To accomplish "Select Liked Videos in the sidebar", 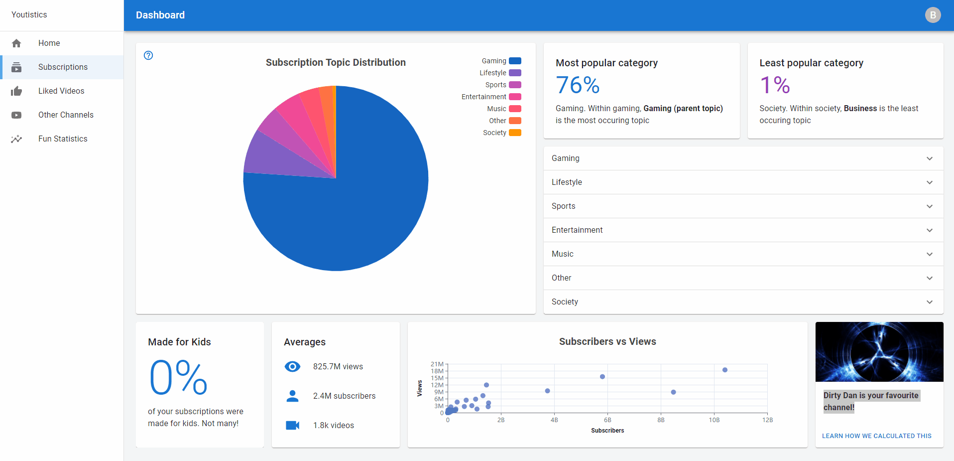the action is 62,91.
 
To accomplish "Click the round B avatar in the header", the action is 933,15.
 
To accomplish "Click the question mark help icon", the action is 148,55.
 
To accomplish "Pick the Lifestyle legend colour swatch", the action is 515,73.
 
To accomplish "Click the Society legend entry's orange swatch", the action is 515,133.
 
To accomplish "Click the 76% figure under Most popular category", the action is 578,85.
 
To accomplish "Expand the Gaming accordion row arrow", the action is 930,158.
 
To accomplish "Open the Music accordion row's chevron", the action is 930,254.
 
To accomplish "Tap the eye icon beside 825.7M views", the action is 292,367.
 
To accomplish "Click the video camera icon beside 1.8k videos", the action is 292,425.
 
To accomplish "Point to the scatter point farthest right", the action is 725,370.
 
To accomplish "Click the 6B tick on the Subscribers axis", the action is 607,420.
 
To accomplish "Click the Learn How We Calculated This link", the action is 876,436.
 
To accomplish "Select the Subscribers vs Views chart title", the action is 607,341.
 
